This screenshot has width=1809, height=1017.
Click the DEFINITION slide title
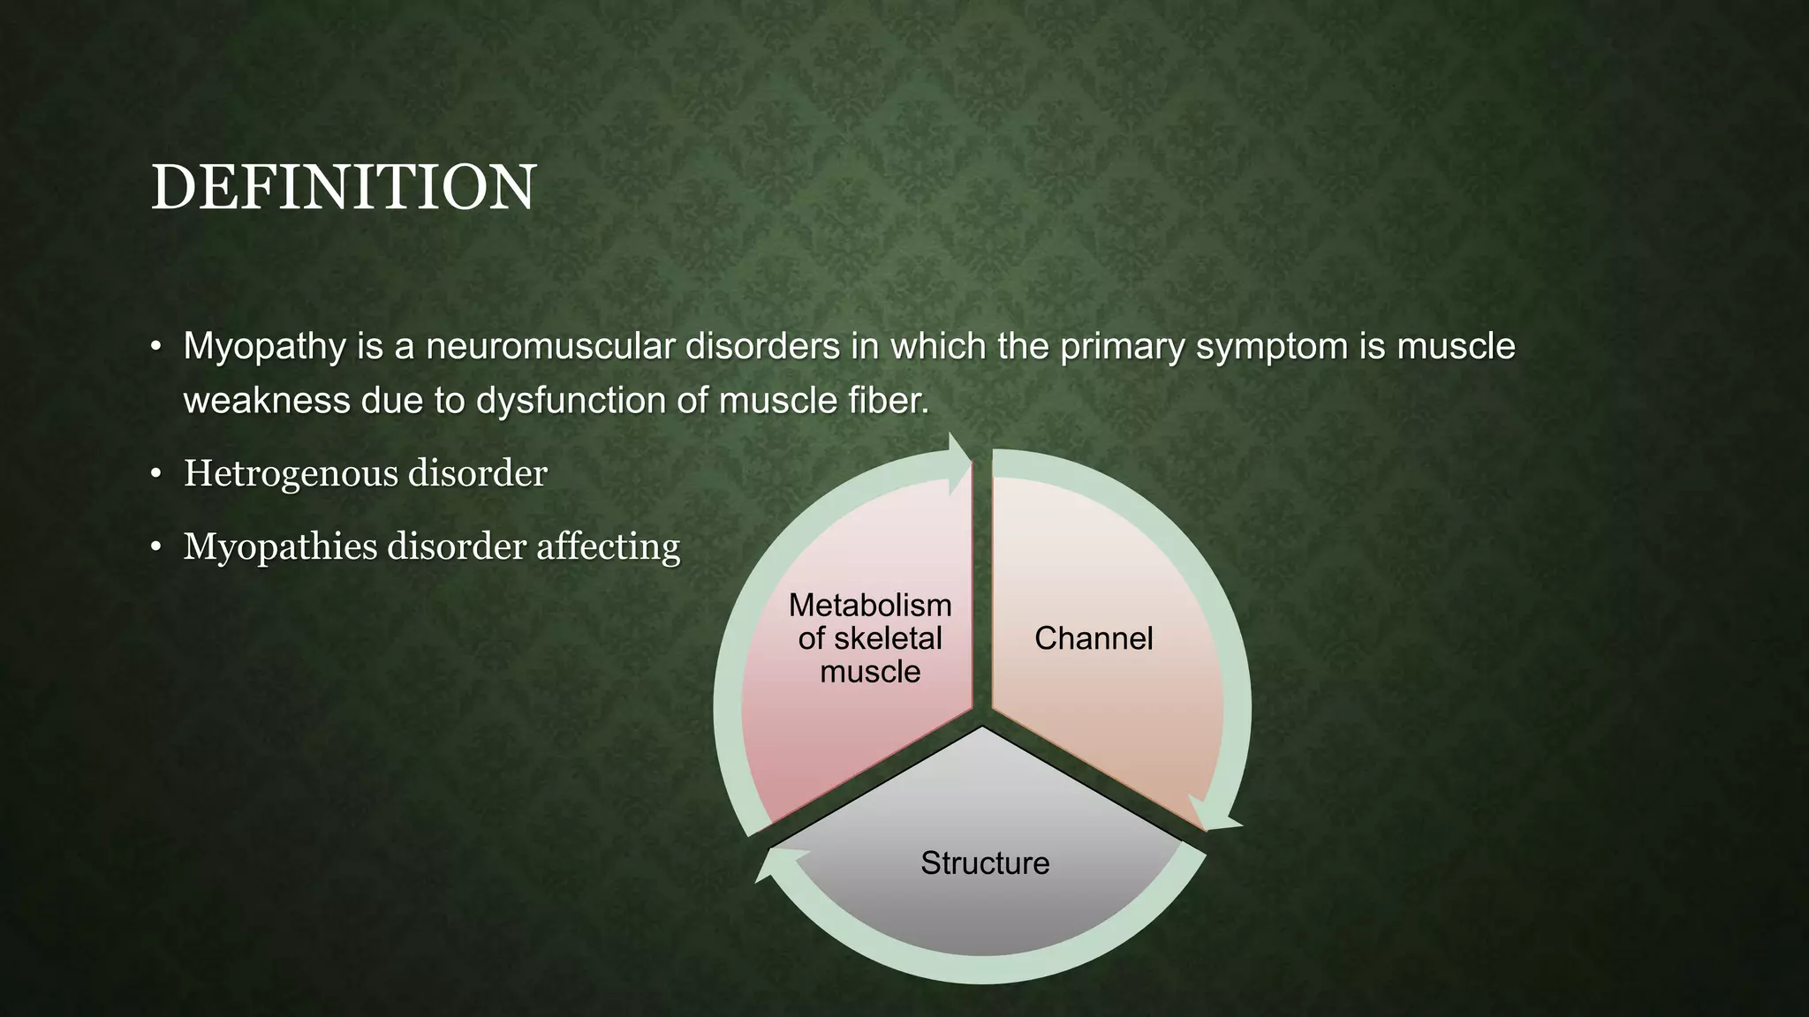(343, 187)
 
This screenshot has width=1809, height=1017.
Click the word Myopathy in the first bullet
(264, 347)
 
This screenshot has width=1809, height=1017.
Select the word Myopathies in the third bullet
(281, 547)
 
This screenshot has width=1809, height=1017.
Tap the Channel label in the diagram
(1094, 638)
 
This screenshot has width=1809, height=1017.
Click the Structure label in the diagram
(985, 863)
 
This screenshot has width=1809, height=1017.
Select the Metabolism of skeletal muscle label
(870, 638)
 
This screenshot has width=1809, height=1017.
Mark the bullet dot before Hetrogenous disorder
(156, 475)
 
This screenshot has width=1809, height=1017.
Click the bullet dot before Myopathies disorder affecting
(156, 548)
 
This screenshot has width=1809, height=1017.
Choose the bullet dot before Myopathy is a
(156, 347)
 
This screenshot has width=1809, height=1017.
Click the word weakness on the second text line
(266, 402)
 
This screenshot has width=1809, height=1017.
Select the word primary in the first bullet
(1121, 347)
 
